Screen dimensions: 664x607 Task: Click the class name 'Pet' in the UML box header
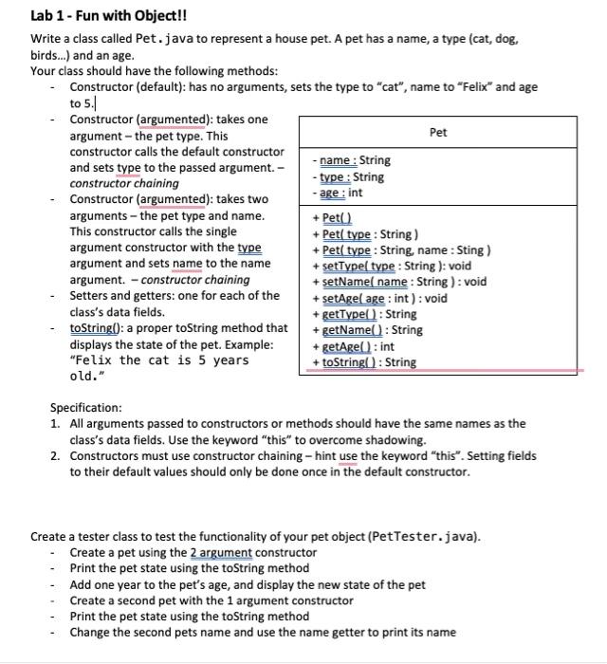click(438, 132)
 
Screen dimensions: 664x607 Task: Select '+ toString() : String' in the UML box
click(363, 362)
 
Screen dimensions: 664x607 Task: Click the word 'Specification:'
click(86, 408)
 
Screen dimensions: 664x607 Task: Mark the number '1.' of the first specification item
click(55, 424)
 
